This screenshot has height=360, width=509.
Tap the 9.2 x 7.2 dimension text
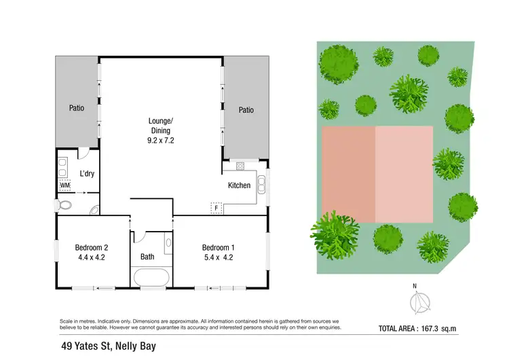[161, 141]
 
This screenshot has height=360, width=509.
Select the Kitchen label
[239, 185]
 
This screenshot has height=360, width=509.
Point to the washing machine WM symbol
[65, 185]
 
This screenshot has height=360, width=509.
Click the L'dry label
[87, 174]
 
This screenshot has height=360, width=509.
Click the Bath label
[148, 257]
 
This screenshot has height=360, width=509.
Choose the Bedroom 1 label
[219, 247]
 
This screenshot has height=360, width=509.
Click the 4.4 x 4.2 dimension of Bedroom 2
[91, 257]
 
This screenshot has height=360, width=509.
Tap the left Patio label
[77, 108]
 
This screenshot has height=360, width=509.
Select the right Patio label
[246, 109]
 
